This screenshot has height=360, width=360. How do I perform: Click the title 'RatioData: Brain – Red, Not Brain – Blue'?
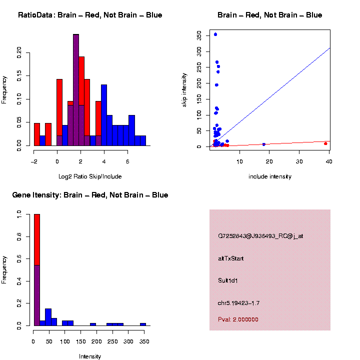[90, 15]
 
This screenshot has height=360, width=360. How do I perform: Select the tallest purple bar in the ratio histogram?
[76, 90]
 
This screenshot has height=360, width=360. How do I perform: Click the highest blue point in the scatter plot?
[215, 34]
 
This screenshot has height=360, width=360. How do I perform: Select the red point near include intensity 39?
[325, 143]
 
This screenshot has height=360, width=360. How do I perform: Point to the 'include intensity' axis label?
[270, 176]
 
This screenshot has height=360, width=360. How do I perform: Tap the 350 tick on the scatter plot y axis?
[199, 35]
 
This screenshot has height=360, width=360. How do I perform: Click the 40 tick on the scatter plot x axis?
[329, 160]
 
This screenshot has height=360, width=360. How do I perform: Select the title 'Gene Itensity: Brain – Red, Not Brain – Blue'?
[90, 195]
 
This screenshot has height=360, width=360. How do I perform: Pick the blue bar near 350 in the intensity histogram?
[143, 324]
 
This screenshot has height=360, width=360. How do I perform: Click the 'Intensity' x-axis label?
[90, 356]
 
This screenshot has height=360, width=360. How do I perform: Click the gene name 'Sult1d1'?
[228, 280]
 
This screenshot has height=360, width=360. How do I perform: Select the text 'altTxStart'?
[231, 258]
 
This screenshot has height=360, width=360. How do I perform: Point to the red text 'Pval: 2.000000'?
[238, 319]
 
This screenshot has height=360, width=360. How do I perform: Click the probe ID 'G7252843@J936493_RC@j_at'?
[260, 236]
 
